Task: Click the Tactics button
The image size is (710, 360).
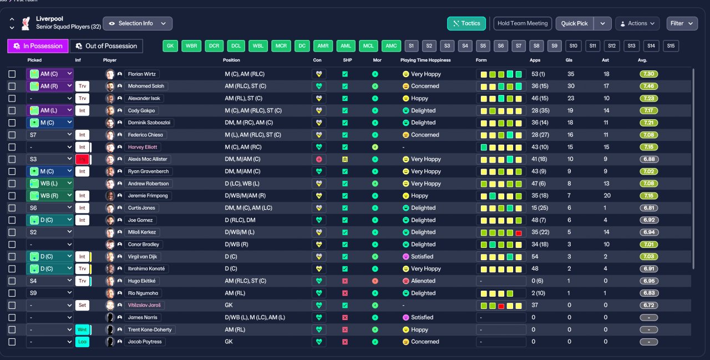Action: click(x=466, y=23)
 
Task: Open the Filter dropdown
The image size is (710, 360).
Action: click(x=682, y=23)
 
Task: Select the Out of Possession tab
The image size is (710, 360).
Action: click(x=106, y=46)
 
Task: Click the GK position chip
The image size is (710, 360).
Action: click(x=170, y=46)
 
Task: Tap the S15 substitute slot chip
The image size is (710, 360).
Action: click(x=671, y=46)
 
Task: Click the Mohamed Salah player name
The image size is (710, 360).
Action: click(x=147, y=86)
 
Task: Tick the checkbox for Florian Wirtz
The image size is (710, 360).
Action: click(x=12, y=74)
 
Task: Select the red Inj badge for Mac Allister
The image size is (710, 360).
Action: click(x=82, y=159)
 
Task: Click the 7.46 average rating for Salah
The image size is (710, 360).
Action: click(x=648, y=86)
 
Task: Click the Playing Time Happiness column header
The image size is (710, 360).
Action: click(x=425, y=60)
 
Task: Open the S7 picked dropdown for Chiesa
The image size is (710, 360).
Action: click(x=50, y=135)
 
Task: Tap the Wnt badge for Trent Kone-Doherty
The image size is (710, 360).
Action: click(x=82, y=329)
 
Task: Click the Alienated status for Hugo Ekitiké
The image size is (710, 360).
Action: click(x=423, y=281)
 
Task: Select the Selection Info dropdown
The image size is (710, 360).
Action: click(x=138, y=23)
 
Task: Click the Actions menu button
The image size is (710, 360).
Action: click(x=637, y=23)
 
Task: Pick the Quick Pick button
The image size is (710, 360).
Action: click(x=575, y=23)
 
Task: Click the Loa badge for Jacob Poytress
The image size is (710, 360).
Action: click(x=82, y=342)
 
